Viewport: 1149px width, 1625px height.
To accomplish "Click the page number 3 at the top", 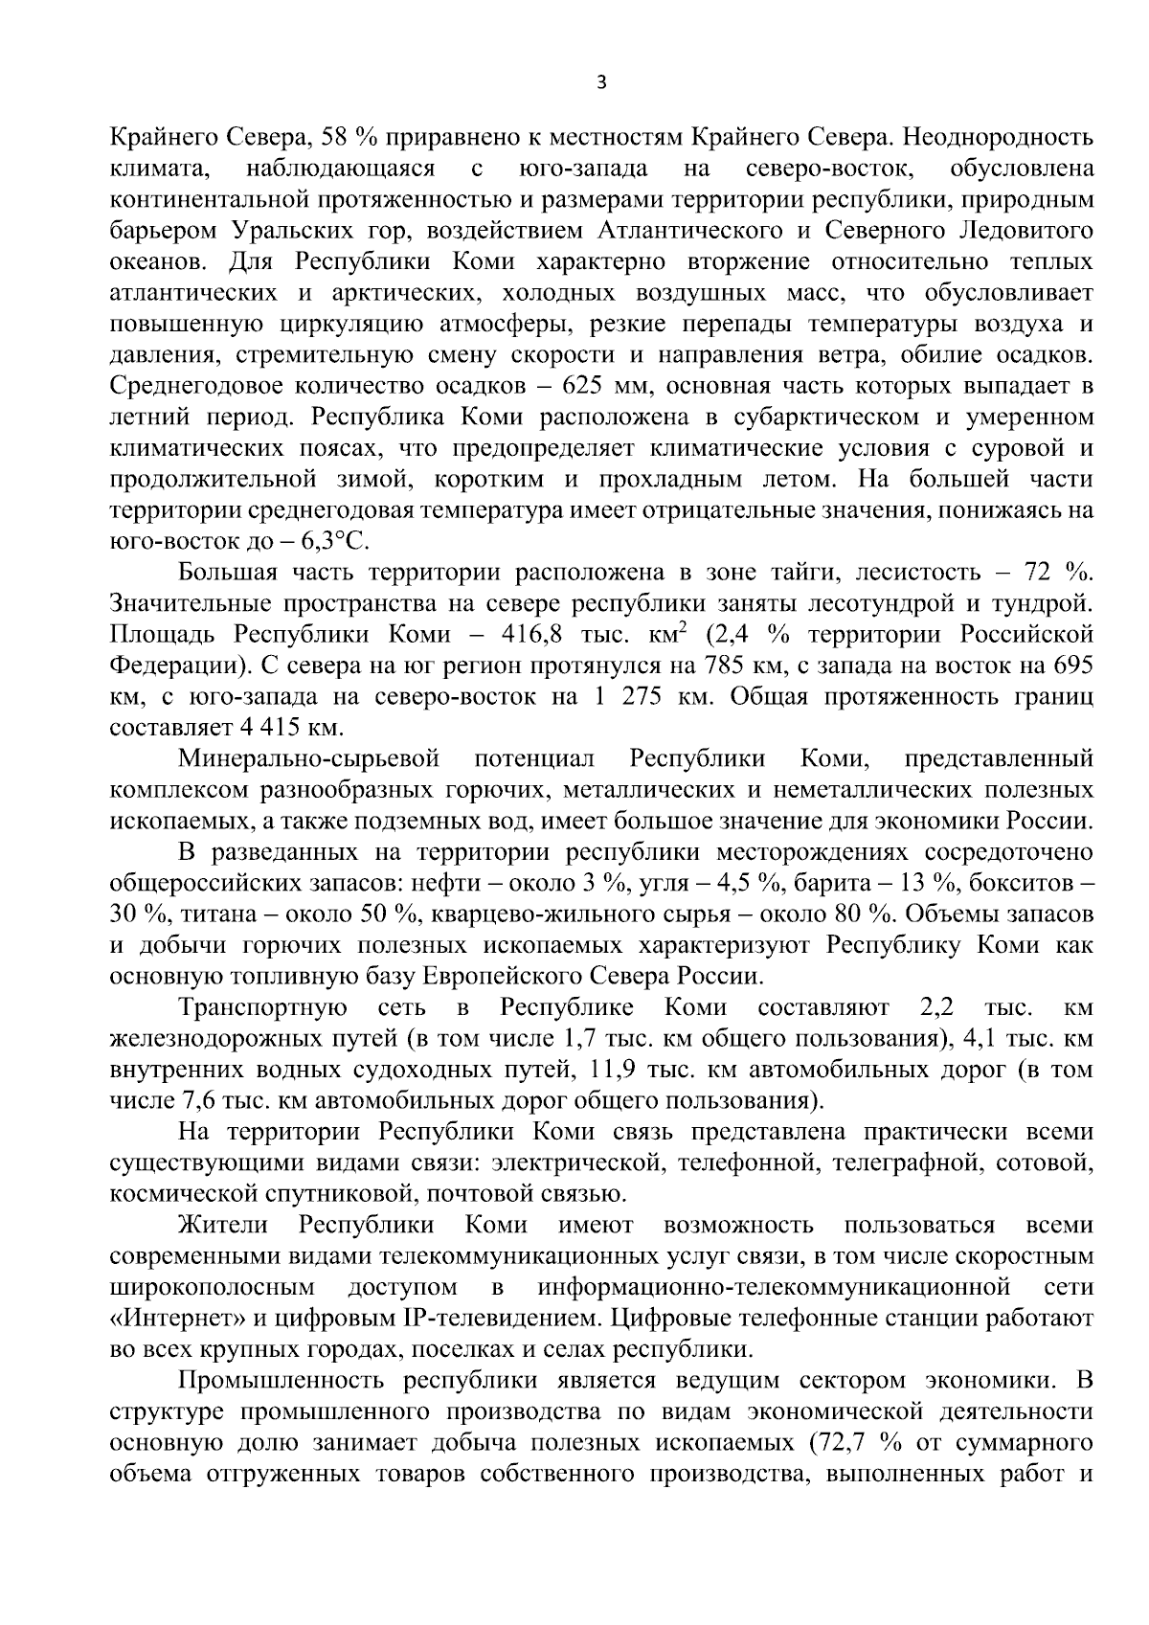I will (600, 83).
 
